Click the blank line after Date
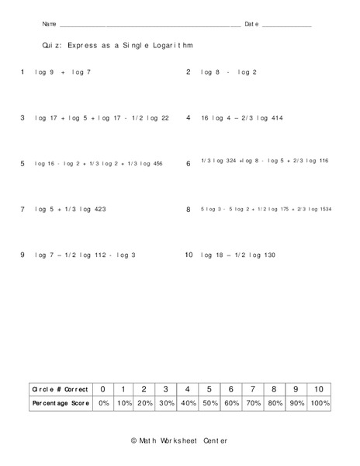(x=286, y=26)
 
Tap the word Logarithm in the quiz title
(x=166, y=46)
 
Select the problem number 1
(x=22, y=72)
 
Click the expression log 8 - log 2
(x=228, y=72)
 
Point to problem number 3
(x=22, y=118)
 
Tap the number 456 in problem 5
(x=157, y=164)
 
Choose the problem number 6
(x=189, y=164)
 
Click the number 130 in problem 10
(x=265, y=255)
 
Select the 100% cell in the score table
(x=318, y=404)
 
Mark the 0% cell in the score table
(x=103, y=404)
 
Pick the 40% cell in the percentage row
(x=187, y=404)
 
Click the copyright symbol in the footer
(x=134, y=440)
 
